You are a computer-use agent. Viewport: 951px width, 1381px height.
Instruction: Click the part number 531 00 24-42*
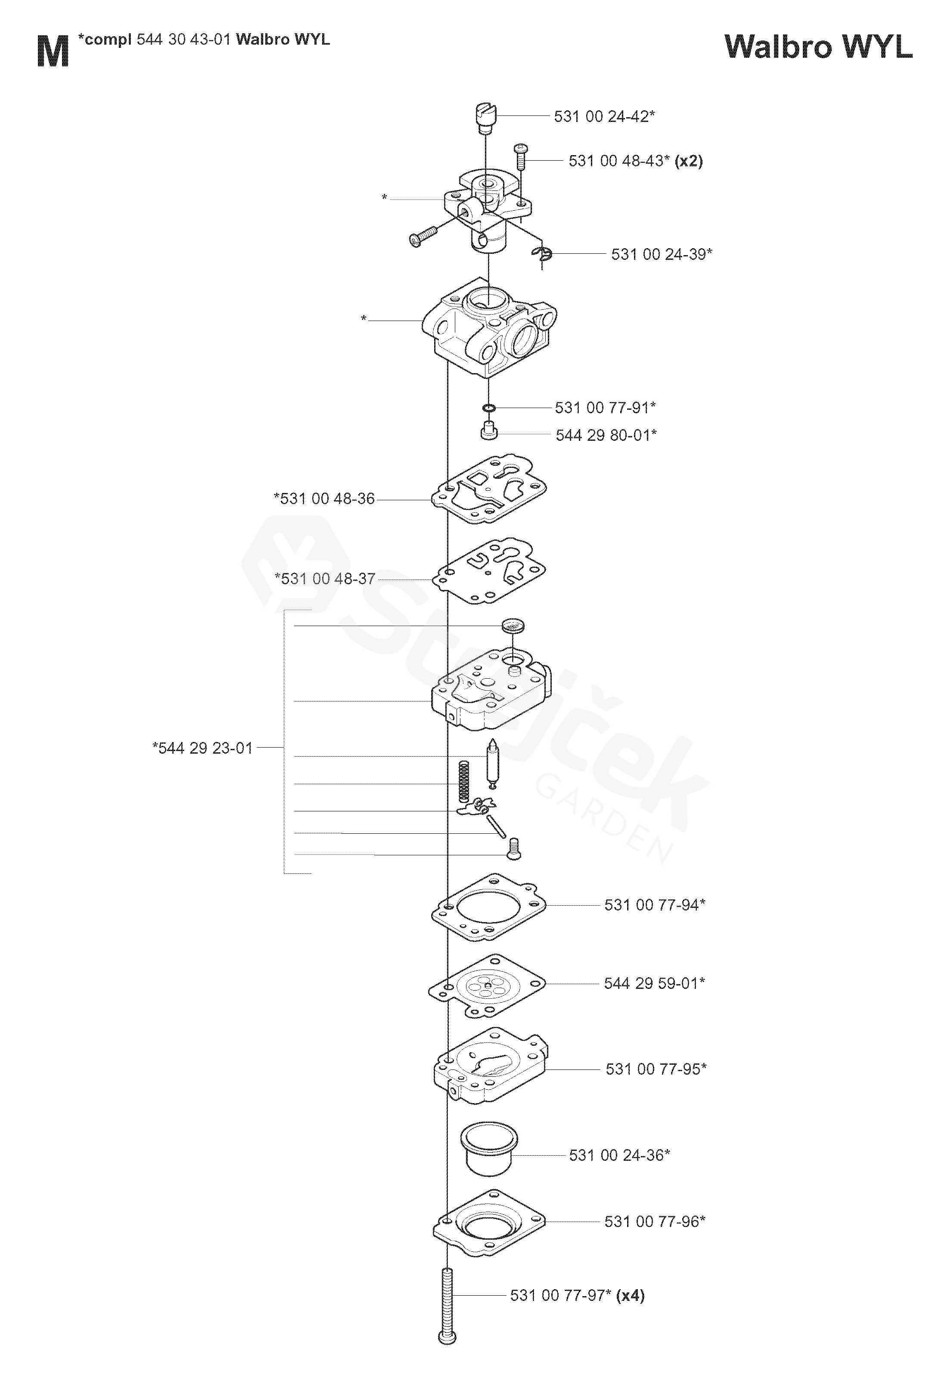[604, 116]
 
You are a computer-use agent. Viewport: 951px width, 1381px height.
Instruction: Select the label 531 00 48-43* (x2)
[635, 161]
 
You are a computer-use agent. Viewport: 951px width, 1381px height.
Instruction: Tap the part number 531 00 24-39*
[662, 255]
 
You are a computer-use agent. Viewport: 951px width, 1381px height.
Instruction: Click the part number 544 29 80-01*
[606, 435]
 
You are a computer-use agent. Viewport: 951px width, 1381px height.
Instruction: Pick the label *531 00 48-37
[325, 579]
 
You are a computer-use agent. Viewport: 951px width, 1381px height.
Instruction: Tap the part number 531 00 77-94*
[655, 905]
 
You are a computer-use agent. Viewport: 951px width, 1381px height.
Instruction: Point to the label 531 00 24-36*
[620, 1155]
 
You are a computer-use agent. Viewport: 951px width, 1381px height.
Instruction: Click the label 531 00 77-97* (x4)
[577, 1295]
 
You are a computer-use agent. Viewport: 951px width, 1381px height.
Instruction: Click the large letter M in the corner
[53, 51]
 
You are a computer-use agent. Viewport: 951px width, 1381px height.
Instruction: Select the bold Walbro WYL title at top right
[818, 47]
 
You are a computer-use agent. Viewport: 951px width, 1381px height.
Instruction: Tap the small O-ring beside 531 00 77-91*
[488, 408]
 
